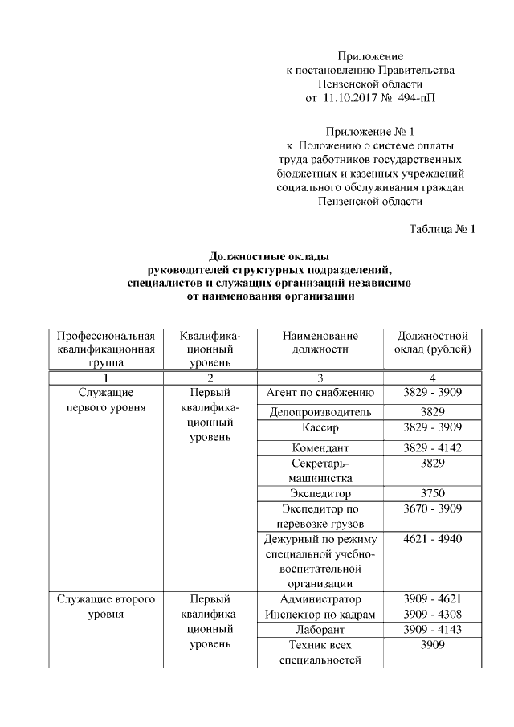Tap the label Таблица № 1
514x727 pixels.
pyautogui.click(x=443, y=229)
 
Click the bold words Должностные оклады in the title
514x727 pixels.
pyautogui.click(x=270, y=256)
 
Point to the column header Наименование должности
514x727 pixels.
pyautogui.click(x=320, y=342)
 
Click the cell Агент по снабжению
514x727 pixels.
pyautogui.click(x=320, y=393)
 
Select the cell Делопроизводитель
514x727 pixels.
pyautogui.click(x=320, y=412)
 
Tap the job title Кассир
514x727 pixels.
pyautogui.click(x=320, y=427)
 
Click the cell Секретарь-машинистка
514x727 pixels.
pyautogui.click(x=320, y=471)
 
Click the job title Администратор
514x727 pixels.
pyautogui.click(x=320, y=599)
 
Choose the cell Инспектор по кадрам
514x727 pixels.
pyautogui.click(x=320, y=615)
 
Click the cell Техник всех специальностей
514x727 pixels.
pyautogui.click(x=320, y=652)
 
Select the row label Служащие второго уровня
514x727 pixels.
pyautogui.click(x=105, y=607)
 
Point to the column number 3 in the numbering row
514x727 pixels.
pyautogui.click(x=320, y=378)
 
